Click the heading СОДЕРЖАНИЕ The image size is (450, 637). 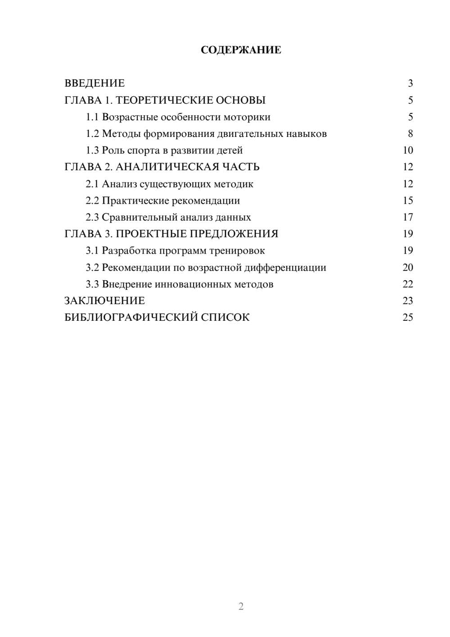[x=241, y=50]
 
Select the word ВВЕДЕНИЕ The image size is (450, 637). [x=94, y=83]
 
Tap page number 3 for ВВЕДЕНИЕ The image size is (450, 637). [x=410, y=83]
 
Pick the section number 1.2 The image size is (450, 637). [x=92, y=134]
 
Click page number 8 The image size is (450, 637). [x=410, y=134]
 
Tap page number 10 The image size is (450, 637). [x=408, y=150]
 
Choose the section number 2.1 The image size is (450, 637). [x=92, y=184]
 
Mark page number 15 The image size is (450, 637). [x=408, y=200]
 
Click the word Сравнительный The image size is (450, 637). [x=139, y=217]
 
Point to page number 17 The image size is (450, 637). [x=408, y=217]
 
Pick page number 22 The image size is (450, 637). [x=408, y=284]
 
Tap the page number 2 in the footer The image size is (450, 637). [x=241, y=606]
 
